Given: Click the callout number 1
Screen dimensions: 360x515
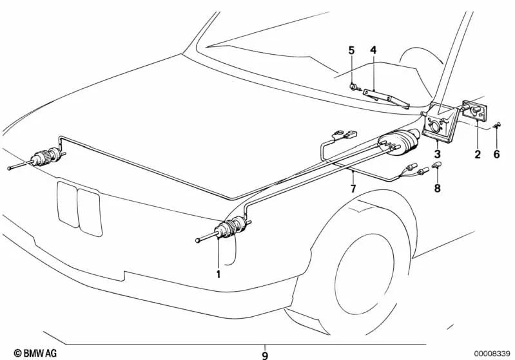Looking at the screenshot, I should [x=219, y=274].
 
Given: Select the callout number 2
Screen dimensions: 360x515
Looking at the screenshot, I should [x=478, y=154].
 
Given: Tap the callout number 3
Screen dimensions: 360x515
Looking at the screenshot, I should [x=438, y=155].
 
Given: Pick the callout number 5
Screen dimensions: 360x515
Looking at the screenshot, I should [x=352, y=50].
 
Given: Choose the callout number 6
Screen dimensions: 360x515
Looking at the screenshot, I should [x=496, y=154].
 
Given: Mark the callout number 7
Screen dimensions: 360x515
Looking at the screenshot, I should [x=353, y=188].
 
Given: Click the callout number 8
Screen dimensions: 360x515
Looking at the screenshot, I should [x=438, y=189].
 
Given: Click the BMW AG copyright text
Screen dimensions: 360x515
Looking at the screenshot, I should [x=23, y=353].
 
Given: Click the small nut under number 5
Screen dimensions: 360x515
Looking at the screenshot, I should [x=355, y=86].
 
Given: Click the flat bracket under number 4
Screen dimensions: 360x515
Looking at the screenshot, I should [x=386, y=97].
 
